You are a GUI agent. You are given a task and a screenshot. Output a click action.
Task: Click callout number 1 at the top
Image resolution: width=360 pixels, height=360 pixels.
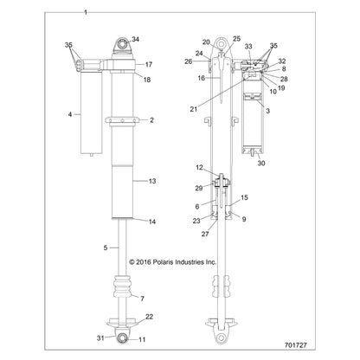point(85,14)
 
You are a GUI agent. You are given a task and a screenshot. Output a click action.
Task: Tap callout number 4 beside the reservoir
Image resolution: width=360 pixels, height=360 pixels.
point(70,114)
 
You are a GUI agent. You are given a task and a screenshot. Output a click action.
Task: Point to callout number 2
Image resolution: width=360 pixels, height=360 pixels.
point(151,120)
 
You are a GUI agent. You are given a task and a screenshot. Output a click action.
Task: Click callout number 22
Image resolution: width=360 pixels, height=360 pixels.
point(149,317)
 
